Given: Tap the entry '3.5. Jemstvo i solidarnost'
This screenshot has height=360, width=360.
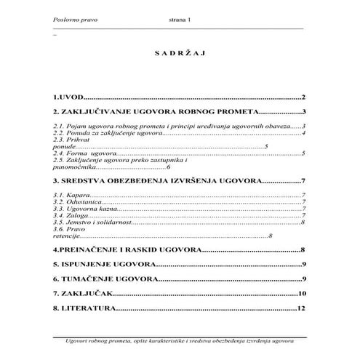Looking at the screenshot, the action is pyautogui.click(x=92, y=223).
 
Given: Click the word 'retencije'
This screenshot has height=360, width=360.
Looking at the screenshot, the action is pyautogui.click(x=65, y=236).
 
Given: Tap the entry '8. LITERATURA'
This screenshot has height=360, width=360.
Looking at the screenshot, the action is pyautogui.click(x=84, y=309).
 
